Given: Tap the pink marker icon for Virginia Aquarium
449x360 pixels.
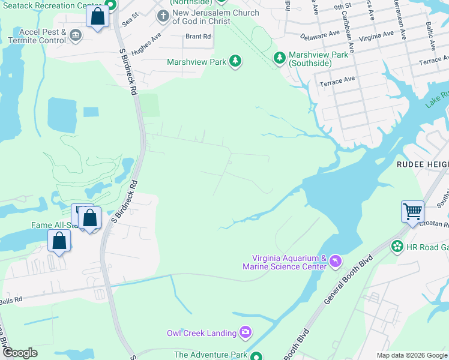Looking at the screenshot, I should [x=336, y=262].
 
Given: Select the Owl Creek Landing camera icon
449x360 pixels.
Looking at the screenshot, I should [x=245, y=332].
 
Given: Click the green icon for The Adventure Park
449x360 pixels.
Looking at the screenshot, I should [x=256, y=355].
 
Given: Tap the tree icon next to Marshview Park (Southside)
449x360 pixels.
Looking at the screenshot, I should [x=279, y=58].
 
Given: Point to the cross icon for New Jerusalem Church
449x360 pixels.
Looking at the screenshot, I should [x=163, y=16].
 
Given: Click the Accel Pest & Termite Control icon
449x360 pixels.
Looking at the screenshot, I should [x=76, y=35].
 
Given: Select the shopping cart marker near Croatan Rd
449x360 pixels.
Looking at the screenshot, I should [x=412, y=212].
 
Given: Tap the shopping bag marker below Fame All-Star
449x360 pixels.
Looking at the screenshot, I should [x=59, y=241].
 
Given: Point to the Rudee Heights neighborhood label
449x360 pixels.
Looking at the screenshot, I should [x=422, y=163].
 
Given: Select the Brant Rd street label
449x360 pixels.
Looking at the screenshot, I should [x=198, y=37].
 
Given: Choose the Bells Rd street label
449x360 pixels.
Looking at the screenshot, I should [x=11, y=299].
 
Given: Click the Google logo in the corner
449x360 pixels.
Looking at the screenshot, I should [x=20, y=353].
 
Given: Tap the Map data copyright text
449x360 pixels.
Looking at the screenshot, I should [x=411, y=355].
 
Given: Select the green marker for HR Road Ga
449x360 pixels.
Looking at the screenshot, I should [x=396, y=246].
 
